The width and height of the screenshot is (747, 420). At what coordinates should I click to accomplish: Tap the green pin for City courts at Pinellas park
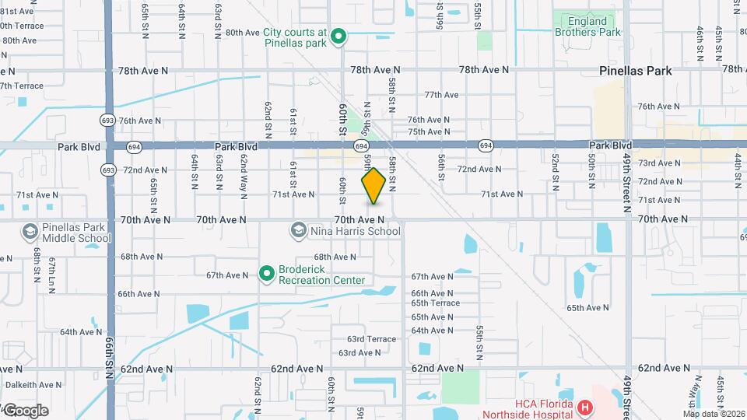click(338, 36)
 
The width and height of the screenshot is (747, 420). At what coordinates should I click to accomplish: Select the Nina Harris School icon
click(298, 230)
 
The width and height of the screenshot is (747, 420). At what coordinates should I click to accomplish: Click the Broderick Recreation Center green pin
click(266, 273)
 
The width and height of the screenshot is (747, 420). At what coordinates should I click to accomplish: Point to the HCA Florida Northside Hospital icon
click(584, 407)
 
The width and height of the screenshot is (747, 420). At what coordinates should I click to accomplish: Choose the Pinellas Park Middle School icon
click(29, 232)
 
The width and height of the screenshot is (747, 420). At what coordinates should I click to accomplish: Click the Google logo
click(25, 411)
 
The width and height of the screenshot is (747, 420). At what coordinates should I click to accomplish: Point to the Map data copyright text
click(714, 414)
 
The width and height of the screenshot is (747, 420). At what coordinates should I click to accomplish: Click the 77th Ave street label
click(441, 95)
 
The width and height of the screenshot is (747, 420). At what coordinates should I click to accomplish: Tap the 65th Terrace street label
click(436, 303)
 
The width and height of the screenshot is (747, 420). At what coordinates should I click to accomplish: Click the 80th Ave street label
click(241, 33)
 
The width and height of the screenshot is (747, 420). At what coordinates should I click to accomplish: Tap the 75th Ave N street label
click(429, 132)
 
